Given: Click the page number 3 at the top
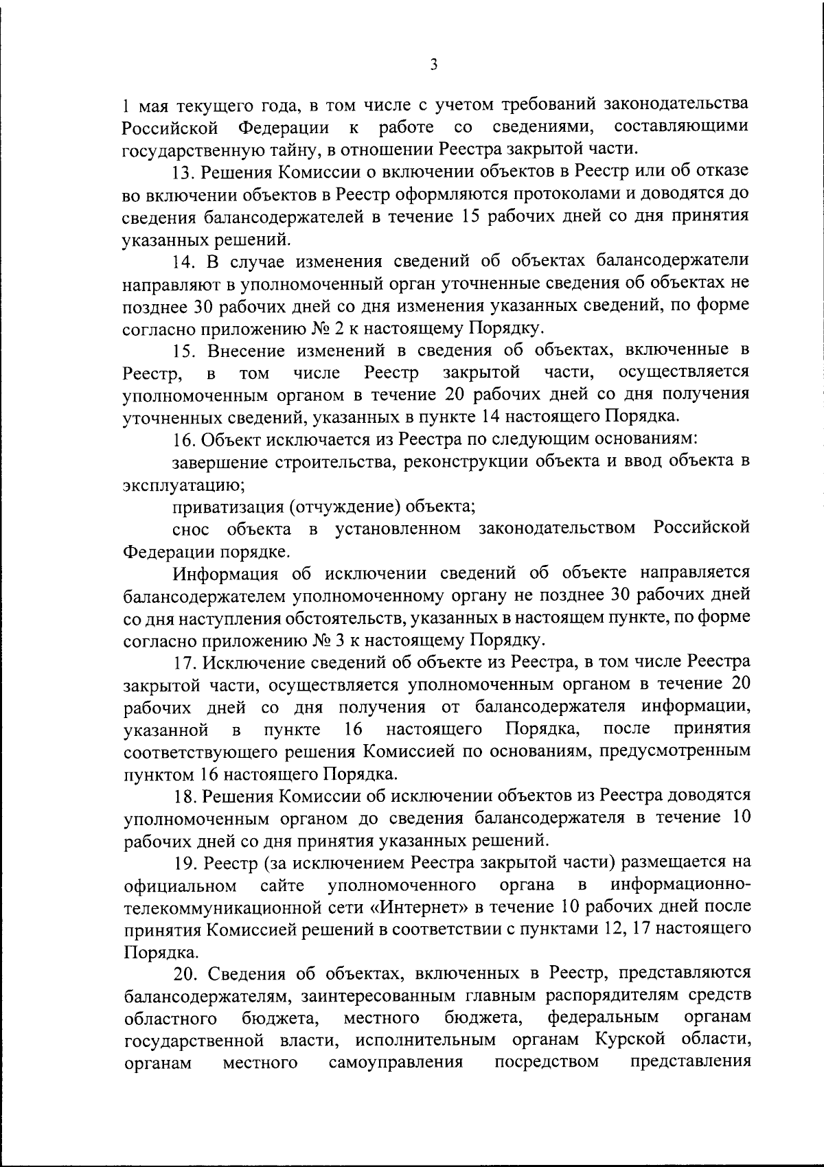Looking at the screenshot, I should tap(433, 65).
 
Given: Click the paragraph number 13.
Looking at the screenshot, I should tap(184, 171).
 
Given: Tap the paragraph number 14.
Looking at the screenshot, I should tap(184, 261).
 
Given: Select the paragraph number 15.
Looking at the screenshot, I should tap(184, 350).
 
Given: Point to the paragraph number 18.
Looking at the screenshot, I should tap(184, 796).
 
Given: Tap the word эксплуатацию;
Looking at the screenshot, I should tap(183, 485).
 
